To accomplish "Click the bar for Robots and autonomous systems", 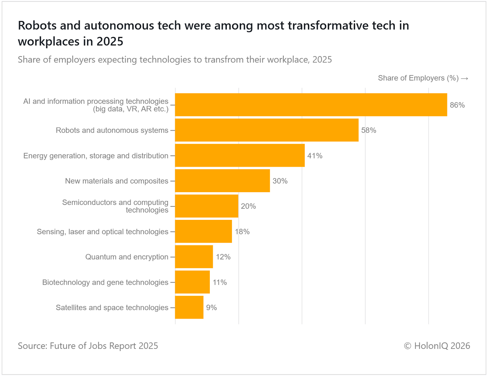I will tap(267, 130).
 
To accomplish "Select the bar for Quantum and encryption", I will tap(194, 257).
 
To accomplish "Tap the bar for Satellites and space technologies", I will tap(189, 307).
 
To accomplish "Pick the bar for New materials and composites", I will tap(222, 181).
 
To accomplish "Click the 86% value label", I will tap(457, 105).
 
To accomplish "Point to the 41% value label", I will tap(315, 156).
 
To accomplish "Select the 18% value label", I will tap(242, 232).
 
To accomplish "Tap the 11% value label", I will tap(220, 282).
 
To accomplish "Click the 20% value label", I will tap(248, 206).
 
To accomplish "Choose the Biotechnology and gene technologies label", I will tap(105, 282).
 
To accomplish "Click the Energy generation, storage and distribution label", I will tap(96, 156).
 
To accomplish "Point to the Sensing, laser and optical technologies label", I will tap(102, 232).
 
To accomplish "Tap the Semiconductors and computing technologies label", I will tap(115, 206).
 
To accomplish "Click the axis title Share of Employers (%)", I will tap(418, 78).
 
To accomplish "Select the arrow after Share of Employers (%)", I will tap(465, 78).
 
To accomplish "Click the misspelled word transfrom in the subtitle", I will tap(224, 59).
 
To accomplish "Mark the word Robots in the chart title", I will tap(37, 26).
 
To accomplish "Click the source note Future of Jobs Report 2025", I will tap(104, 346).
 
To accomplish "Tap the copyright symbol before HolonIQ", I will tap(407, 346).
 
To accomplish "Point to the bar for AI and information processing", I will tap(311, 105).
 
